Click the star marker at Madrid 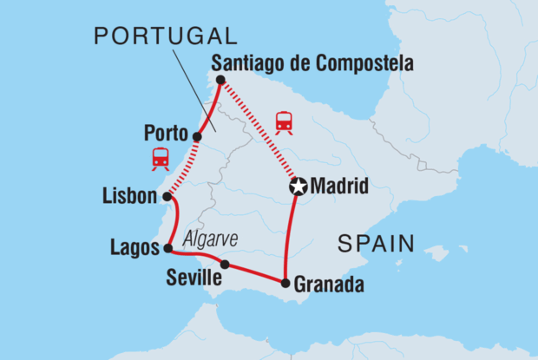pos(299,187)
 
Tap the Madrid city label pos(340,187)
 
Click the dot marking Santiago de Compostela pos(220,80)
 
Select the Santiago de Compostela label pos(312,63)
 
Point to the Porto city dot pos(198,136)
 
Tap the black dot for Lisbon pos(167,197)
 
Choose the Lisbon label pos(130,197)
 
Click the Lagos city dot pos(167,248)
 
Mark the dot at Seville pos(225,265)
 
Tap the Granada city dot pos(285,283)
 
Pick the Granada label pos(330,284)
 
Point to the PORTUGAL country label pos(165,36)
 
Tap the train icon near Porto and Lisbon pos(160,158)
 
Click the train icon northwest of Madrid pos(284,122)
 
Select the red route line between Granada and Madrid pos(289,234)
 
